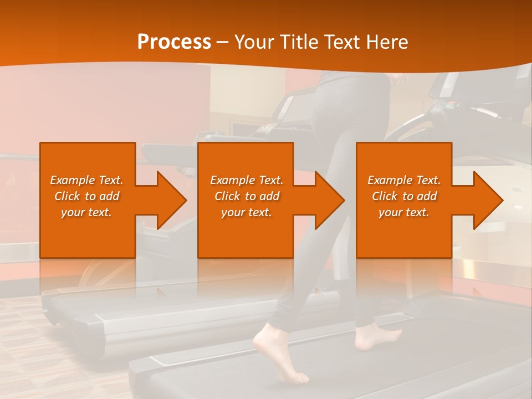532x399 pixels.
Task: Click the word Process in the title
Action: (x=174, y=42)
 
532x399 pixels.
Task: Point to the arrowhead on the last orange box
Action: (x=485, y=200)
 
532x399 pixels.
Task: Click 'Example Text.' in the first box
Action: (x=86, y=180)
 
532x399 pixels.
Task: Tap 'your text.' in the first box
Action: (x=86, y=212)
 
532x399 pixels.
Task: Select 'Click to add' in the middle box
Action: (x=247, y=196)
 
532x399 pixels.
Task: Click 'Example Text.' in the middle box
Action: (x=247, y=180)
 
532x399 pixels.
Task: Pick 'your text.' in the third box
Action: (x=404, y=212)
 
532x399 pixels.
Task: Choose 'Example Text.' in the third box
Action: (x=404, y=180)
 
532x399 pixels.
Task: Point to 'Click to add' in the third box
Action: (x=404, y=196)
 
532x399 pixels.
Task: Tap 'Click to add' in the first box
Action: (x=86, y=196)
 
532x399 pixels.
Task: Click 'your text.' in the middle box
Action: (x=247, y=212)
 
